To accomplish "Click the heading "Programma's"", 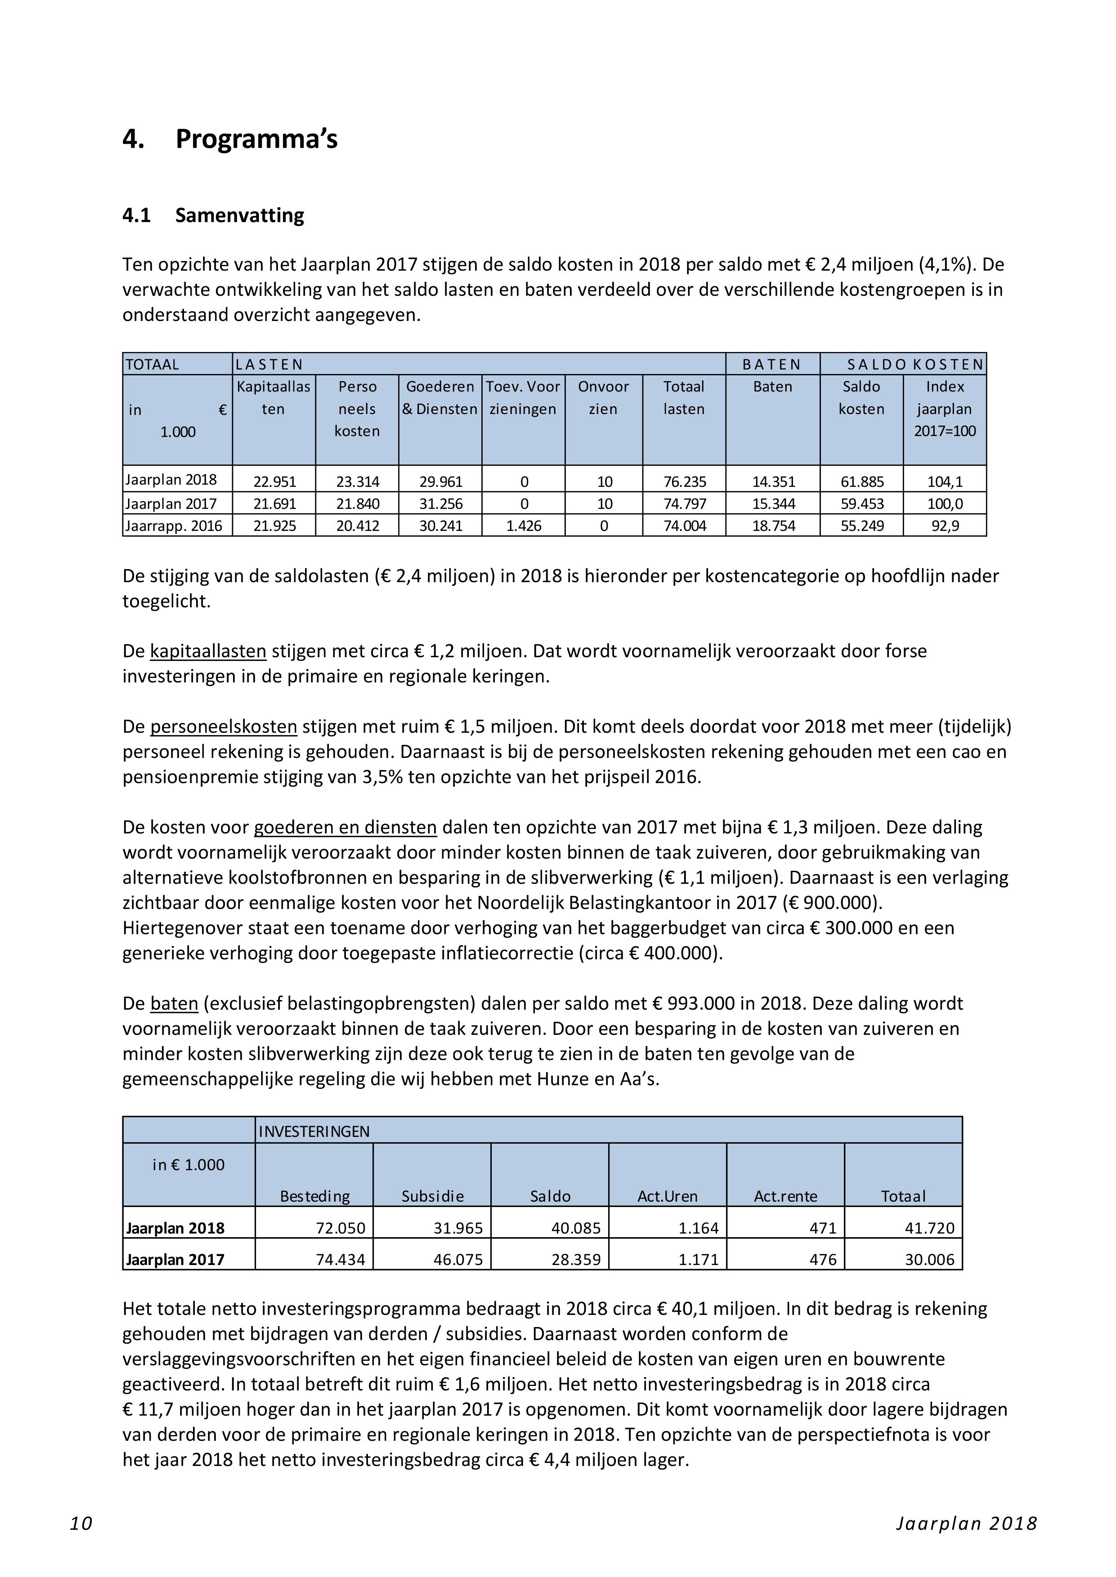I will click(x=256, y=139).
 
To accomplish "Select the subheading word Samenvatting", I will click(x=239, y=216).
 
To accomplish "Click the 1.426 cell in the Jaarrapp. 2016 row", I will click(x=524, y=526).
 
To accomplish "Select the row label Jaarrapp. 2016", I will click(x=174, y=526).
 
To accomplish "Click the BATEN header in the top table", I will click(x=772, y=365).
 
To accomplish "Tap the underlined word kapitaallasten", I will click(x=207, y=651).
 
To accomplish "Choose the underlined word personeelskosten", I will click(x=224, y=726).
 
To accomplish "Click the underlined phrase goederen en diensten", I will click(x=345, y=828).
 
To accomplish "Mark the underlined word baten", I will click(x=174, y=1004).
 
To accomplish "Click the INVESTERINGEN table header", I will click(x=314, y=1131).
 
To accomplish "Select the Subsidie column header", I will click(x=432, y=1197).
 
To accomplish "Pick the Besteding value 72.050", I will click(x=340, y=1228).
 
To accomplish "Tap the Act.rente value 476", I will click(x=823, y=1260).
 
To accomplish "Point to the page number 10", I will click(x=81, y=1524).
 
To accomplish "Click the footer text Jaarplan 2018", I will click(x=965, y=1524).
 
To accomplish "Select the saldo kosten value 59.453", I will click(x=862, y=504).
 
